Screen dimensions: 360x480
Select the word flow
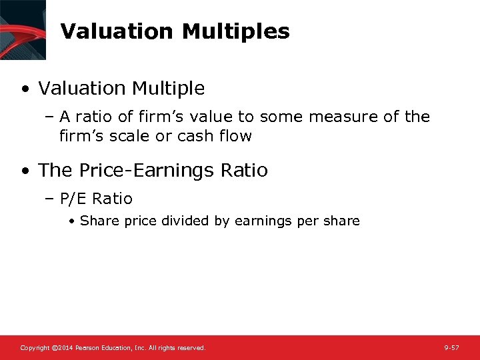point(237,136)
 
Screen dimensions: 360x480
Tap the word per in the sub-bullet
point(307,221)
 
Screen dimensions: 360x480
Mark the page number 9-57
point(451,348)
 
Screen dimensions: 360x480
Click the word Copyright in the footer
point(35,348)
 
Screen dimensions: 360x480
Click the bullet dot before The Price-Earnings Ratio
point(25,171)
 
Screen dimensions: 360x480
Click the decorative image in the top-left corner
point(23,29)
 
